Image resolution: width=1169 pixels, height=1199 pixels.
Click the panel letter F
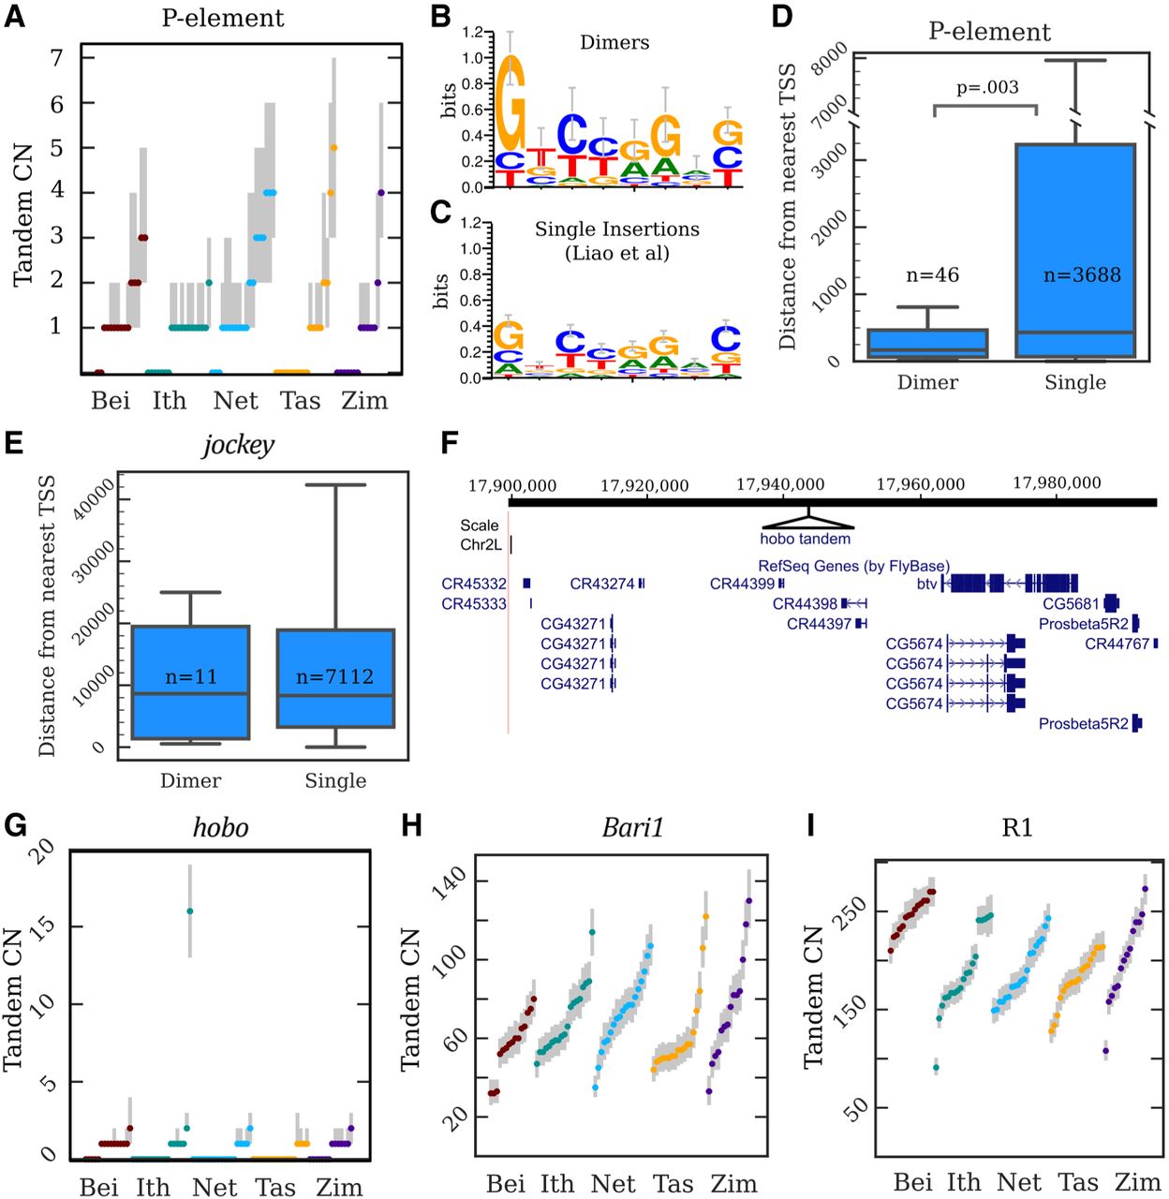pos(450,442)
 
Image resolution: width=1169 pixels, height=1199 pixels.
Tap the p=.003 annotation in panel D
pos(987,88)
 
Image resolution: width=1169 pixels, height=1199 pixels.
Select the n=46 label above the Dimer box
pos(932,275)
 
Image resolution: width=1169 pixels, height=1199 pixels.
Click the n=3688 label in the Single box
pos(1082,275)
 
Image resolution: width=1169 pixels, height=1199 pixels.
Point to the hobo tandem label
pos(806,539)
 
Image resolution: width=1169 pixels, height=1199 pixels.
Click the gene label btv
pos(926,585)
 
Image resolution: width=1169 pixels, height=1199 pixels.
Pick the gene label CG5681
pos(1071,604)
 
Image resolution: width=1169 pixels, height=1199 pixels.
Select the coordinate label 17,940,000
pos(780,484)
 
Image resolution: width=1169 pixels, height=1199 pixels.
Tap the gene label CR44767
pos(1117,644)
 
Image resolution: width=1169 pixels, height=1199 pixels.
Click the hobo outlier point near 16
pos(190,910)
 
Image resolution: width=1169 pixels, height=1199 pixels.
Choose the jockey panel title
pos(239,445)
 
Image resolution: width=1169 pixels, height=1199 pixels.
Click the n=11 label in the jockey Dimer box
pos(191,677)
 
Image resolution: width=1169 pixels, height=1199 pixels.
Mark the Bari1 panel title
pos(633,828)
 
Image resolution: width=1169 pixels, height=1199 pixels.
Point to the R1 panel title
pos(1016,828)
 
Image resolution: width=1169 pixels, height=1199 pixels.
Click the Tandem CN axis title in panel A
pos(23,215)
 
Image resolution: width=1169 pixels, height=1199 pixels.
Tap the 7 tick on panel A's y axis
pos(57,58)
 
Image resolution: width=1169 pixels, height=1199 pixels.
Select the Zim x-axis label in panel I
pos(1137,1183)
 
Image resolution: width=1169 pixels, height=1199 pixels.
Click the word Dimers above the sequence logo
pos(614,43)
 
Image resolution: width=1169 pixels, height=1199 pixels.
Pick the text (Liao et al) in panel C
pos(616,253)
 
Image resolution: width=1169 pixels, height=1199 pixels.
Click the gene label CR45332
pos(474,585)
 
